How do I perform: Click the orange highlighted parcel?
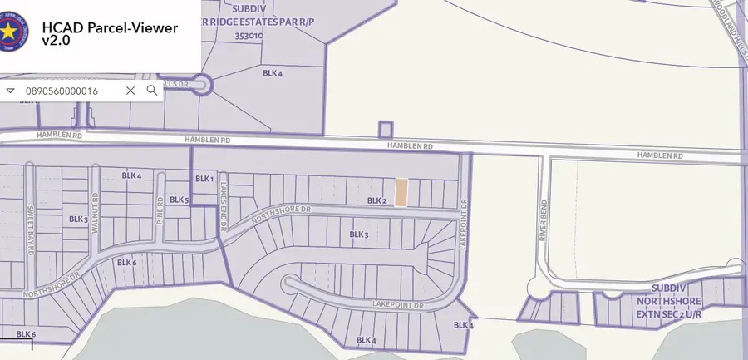pyautogui.click(x=401, y=193)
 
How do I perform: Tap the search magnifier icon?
pyautogui.click(x=151, y=91)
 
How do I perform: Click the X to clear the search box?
pyautogui.click(x=130, y=91)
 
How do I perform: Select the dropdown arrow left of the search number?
pyautogui.click(x=10, y=91)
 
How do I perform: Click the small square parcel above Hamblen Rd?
pyautogui.click(x=385, y=130)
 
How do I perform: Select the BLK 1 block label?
pyautogui.click(x=204, y=179)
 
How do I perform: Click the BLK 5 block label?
pyautogui.click(x=180, y=200)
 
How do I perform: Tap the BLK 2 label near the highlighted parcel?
pyautogui.click(x=377, y=200)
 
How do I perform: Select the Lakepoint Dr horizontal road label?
pyautogui.click(x=398, y=306)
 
